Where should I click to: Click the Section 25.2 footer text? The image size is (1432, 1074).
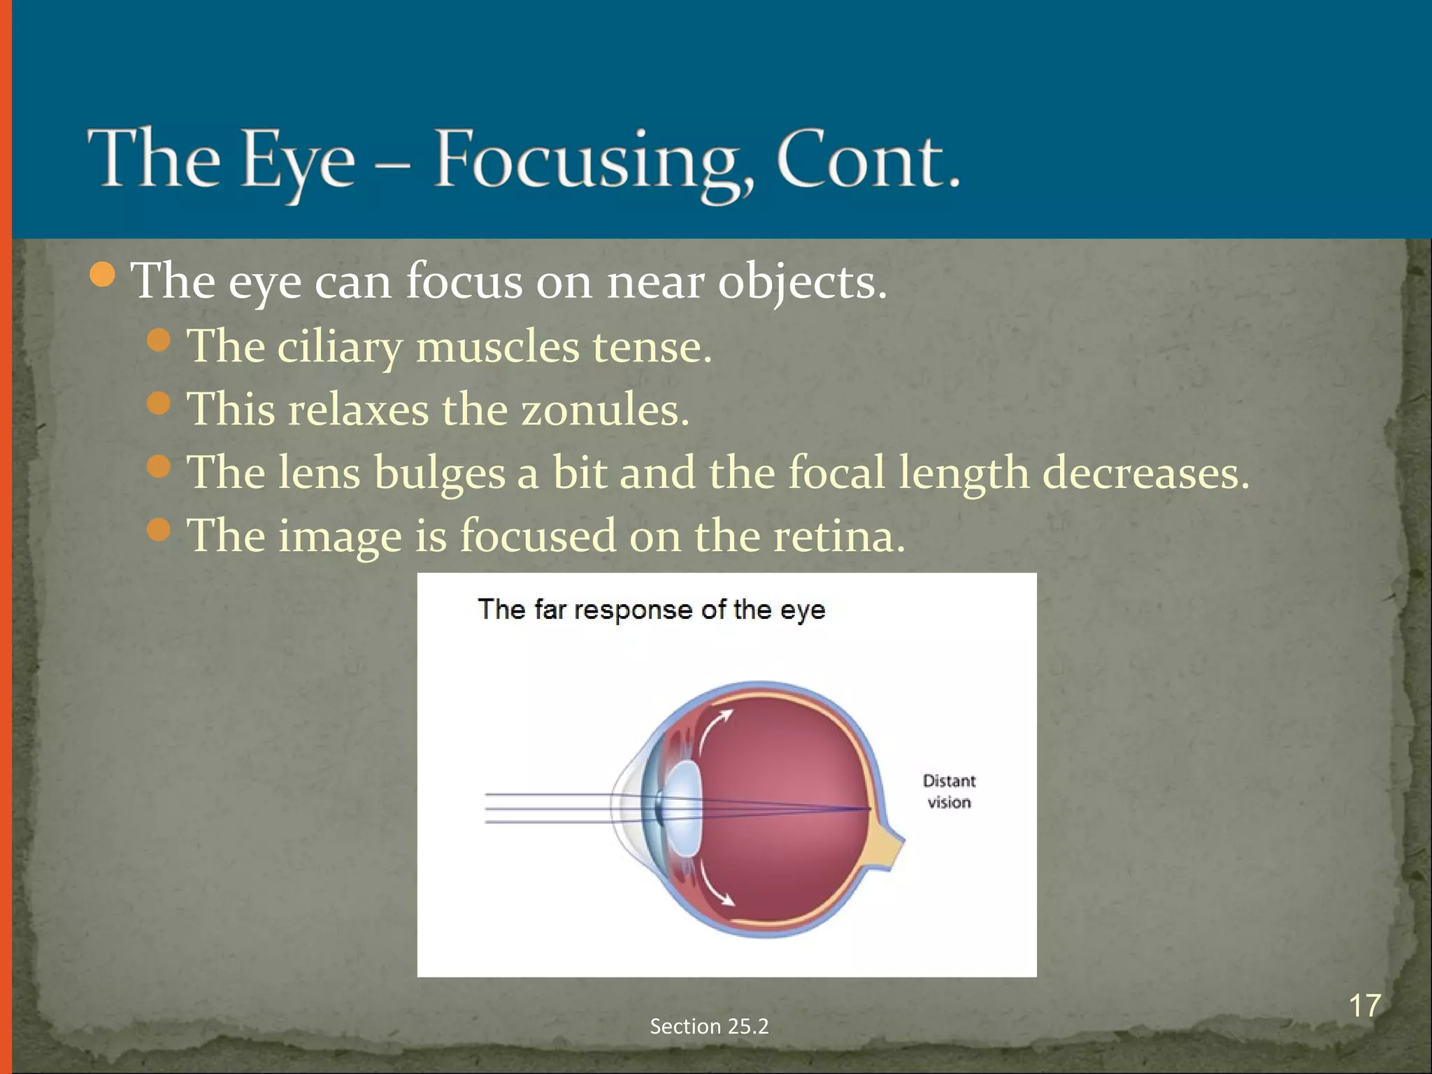tap(709, 1026)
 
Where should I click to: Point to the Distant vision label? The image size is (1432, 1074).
tap(949, 791)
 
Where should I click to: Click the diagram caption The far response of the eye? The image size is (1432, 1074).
tap(651, 609)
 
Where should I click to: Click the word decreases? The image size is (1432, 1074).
tap(1145, 473)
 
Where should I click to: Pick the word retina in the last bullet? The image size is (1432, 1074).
tap(838, 536)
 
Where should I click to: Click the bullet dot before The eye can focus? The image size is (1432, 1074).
tap(103, 275)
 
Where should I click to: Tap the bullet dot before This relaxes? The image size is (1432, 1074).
tap(159, 403)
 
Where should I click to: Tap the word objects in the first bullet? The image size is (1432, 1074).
tap(802, 282)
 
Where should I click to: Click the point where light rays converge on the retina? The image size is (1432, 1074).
tap(869, 810)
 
